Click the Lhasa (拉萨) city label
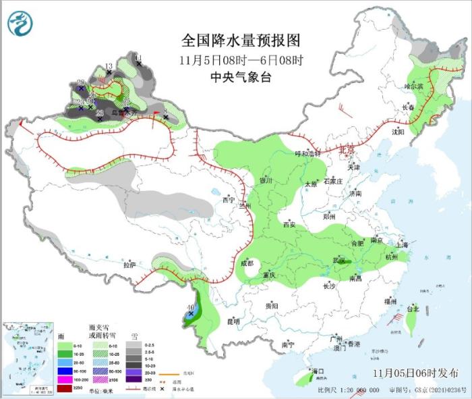(x=129, y=265)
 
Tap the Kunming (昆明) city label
(x=233, y=321)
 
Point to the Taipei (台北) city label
(x=413, y=309)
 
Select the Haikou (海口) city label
(x=317, y=371)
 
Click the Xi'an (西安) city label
(x=289, y=224)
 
